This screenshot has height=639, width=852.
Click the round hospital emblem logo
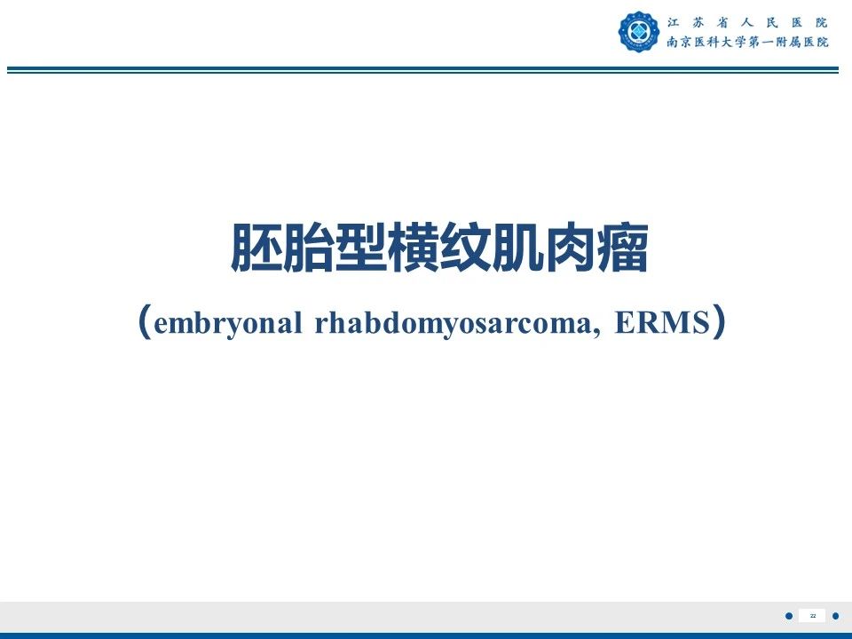(638, 32)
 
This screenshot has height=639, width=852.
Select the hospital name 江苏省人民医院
(747, 23)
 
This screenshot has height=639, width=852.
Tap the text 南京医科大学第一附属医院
(747, 42)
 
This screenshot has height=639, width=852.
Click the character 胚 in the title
(256, 248)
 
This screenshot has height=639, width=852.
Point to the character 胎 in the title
(308, 248)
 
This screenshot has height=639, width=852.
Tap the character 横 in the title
(413, 248)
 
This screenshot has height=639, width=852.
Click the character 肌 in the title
(517, 248)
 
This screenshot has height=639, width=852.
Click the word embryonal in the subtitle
(228, 324)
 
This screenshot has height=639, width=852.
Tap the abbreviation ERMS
(662, 322)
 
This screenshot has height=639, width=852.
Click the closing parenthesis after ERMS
(719, 321)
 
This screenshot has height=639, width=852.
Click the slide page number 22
(813, 616)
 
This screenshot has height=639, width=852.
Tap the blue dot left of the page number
(789, 616)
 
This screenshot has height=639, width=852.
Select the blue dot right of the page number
(836, 616)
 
